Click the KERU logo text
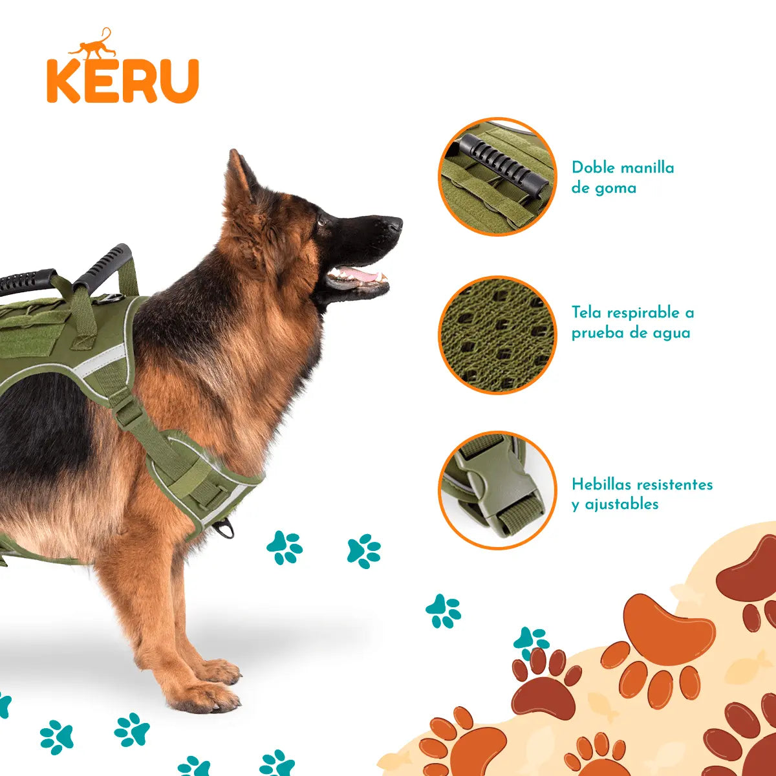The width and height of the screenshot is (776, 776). point(122,80)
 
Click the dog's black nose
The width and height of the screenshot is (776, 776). point(393,224)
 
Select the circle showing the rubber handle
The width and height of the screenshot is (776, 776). point(497,177)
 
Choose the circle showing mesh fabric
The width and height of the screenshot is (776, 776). point(497,334)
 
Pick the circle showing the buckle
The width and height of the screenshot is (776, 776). point(497,490)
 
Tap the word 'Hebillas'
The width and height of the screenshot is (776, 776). point(603,484)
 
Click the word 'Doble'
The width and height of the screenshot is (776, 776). point(592,168)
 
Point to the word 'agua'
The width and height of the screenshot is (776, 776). point(672,333)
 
